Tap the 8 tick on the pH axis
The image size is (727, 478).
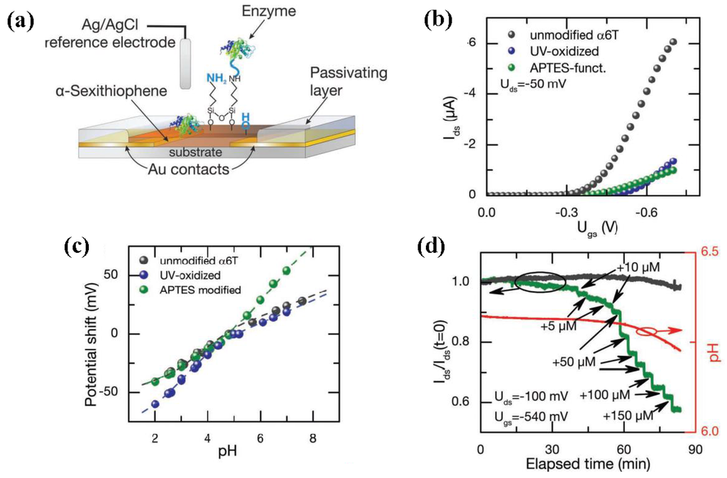(312, 440)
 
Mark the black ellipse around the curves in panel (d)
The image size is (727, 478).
(540, 281)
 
